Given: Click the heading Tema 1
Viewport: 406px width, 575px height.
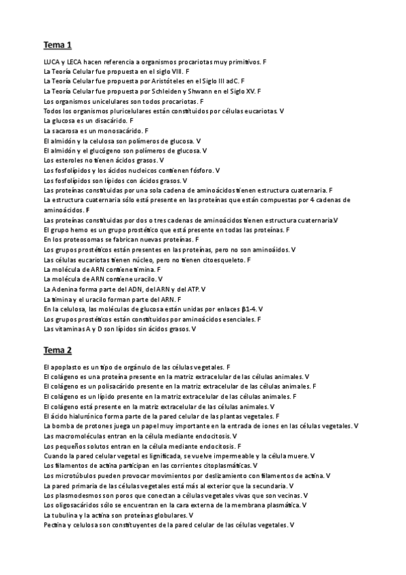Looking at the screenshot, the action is coord(58,45).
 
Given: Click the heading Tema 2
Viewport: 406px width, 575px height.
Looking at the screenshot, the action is coord(58,350).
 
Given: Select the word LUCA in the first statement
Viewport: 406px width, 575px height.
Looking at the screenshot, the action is coord(51,61).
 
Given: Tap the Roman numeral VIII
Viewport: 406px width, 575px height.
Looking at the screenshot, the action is coord(176,71).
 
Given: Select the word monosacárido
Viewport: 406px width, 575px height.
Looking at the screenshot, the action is coord(123,130).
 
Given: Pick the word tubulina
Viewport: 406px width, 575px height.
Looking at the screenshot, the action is coord(68,515).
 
